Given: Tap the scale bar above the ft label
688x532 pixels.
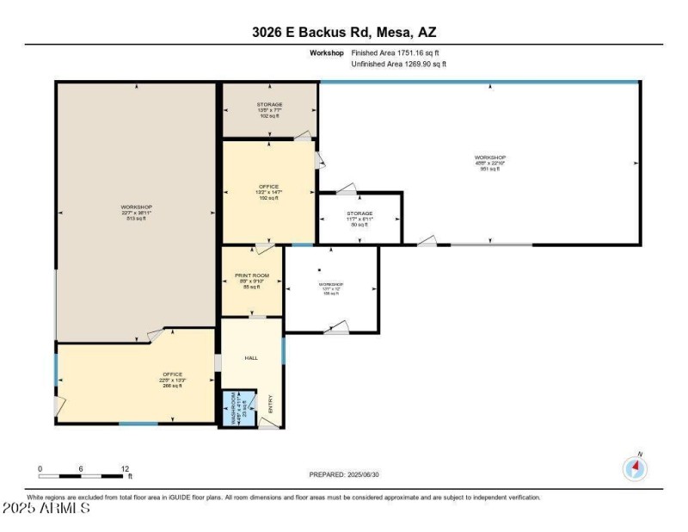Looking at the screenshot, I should coord(83,476).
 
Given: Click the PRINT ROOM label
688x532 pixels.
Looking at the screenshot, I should coord(252,276).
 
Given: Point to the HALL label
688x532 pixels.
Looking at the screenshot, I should coord(251,357).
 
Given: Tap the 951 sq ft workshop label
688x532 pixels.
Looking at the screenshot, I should coord(489,163).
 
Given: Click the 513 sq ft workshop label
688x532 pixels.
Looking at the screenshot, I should coord(136,213).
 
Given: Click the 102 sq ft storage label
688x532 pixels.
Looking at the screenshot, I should coord(269,109).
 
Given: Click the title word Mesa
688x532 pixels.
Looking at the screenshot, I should coord(393,32).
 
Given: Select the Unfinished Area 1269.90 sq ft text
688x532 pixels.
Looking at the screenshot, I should coord(399,65).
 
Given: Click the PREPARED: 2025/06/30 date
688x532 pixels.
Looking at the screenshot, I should coord(343,474).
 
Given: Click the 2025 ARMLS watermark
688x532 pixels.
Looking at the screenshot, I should coord(46,509).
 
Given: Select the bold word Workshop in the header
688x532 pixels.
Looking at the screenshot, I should coord(326,53).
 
